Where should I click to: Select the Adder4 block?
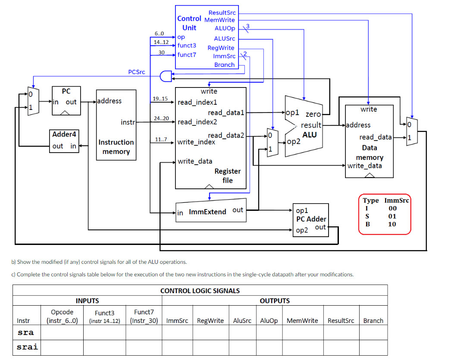pos(64,141)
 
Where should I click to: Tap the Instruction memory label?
pos(116,147)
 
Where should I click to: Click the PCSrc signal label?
pos(137,72)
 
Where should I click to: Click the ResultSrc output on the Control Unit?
pos(222,13)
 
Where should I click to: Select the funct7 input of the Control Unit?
pos(187,54)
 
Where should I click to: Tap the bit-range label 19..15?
pos(160,99)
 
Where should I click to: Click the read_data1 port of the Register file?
pos(226,113)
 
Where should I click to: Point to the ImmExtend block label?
pos(207,212)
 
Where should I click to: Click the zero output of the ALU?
pos(313,114)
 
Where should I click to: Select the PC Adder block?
pos(310,219)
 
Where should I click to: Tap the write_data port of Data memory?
pos(364,166)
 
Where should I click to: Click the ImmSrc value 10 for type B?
pos(392,224)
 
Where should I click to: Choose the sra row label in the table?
pos(26,333)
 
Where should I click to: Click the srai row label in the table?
pos(27,347)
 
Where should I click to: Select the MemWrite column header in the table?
pos(302,320)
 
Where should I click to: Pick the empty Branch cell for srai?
pos(373,347)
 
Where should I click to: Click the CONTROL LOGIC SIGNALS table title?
pos(200,291)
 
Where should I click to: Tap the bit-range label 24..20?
pos(161,118)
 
